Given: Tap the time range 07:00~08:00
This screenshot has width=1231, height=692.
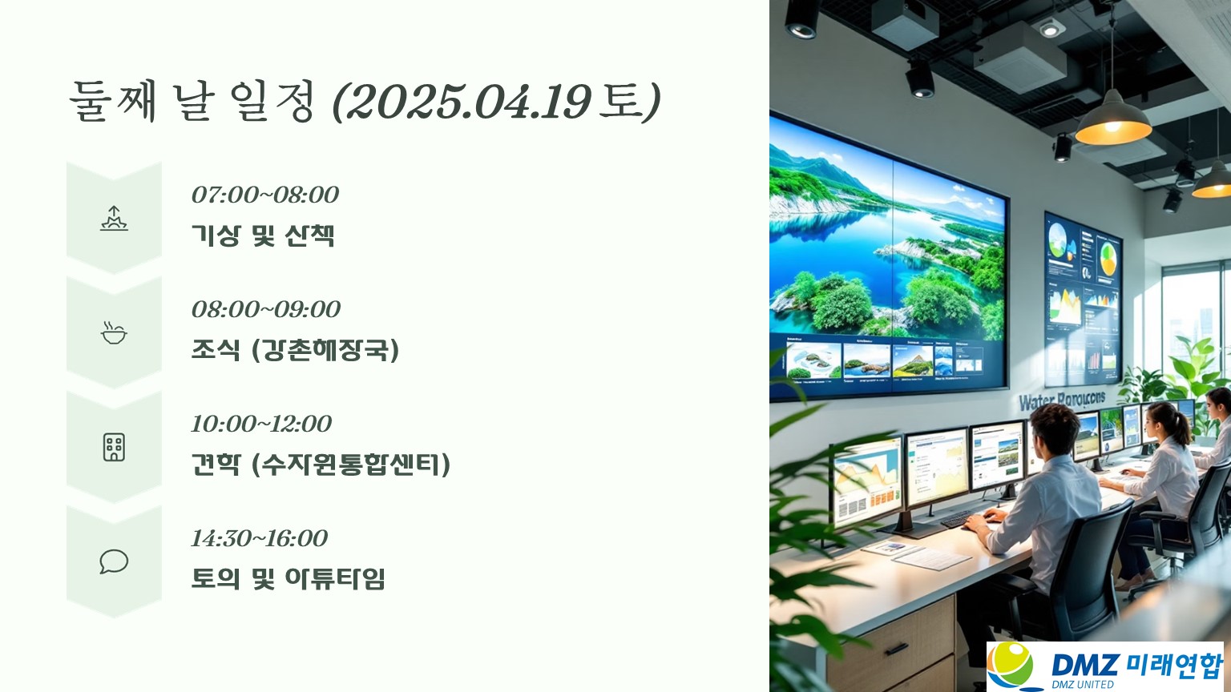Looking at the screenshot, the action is coord(265,195).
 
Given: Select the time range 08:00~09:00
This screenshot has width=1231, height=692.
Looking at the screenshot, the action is coord(265,309).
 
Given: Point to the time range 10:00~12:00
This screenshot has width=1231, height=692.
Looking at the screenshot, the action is coord(261,424).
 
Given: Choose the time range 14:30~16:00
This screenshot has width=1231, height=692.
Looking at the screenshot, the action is coord(259,538).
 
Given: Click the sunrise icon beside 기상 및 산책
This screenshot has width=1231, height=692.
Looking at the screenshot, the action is coord(114,218).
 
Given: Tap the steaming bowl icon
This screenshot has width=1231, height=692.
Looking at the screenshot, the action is coord(114,333).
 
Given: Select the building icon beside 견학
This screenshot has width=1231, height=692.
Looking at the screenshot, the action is coord(114,447).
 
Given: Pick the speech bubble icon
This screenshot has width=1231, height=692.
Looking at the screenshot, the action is coord(114,561).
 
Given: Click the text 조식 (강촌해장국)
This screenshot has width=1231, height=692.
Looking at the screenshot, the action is coord(295,349).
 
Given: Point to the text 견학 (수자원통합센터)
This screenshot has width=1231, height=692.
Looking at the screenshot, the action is coord(321,464).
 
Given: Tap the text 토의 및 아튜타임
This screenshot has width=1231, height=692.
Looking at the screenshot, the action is coord(288,578).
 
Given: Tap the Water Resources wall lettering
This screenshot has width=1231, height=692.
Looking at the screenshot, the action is coord(1062,400).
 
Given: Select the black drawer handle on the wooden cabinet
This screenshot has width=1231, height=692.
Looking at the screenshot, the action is coord(897,649).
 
